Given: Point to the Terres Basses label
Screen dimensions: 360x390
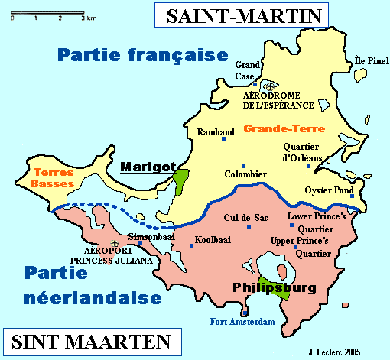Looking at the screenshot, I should pyautogui.click(x=53, y=179).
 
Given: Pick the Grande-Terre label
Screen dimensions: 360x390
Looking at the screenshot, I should pyautogui.click(x=275, y=129).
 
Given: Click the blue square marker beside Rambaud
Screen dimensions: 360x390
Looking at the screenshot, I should pyautogui.click(x=224, y=138).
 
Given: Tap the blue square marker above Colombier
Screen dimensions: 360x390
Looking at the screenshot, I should pyautogui.click(x=243, y=166).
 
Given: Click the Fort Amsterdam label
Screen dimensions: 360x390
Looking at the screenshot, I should pyautogui.click(x=242, y=323).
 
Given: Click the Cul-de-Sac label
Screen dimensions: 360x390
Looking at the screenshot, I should pyautogui.click(x=237, y=219).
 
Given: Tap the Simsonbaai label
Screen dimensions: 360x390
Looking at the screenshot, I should pyautogui.click(x=148, y=237).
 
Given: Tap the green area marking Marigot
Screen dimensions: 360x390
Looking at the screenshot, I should pyautogui.click(x=181, y=181).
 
